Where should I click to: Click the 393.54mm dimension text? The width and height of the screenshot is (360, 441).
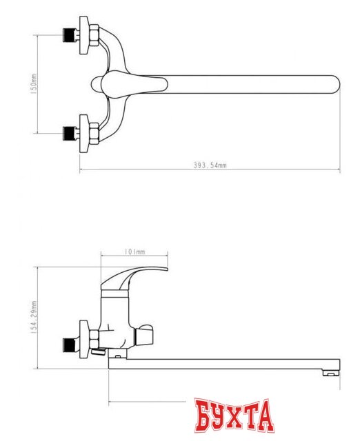click(210, 165)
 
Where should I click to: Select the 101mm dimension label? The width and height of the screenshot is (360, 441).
click(134, 252)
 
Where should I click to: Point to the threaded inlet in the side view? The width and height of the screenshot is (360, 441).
click(70, 340)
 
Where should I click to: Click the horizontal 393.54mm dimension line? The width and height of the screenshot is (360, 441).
click(138, 170)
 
